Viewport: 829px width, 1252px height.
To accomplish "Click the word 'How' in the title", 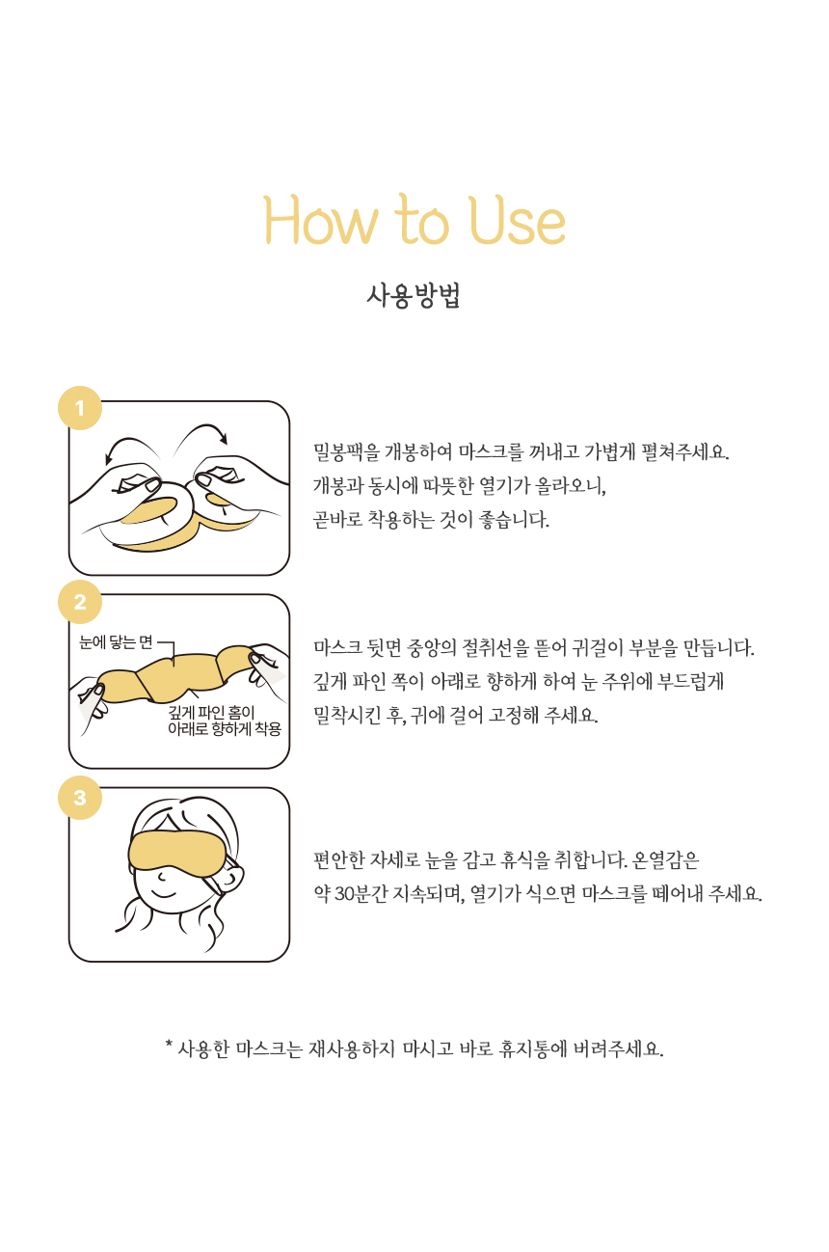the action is pos(322,221).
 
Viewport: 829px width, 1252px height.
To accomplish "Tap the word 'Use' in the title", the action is pos(518,221).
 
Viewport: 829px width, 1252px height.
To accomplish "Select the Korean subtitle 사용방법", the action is pos(414,296).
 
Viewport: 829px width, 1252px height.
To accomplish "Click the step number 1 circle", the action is pos(80,408).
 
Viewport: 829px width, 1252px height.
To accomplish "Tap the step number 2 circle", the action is pos(80,602).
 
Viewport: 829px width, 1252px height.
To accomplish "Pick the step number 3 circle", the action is pos(80,798).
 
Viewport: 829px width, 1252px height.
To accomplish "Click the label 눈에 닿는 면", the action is pos(116,642).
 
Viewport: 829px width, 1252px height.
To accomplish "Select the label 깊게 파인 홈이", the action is pos(211,712).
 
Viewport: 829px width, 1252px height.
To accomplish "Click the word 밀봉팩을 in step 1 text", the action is pos(346,451).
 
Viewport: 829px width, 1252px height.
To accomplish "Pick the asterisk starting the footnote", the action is pos(169,1044).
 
